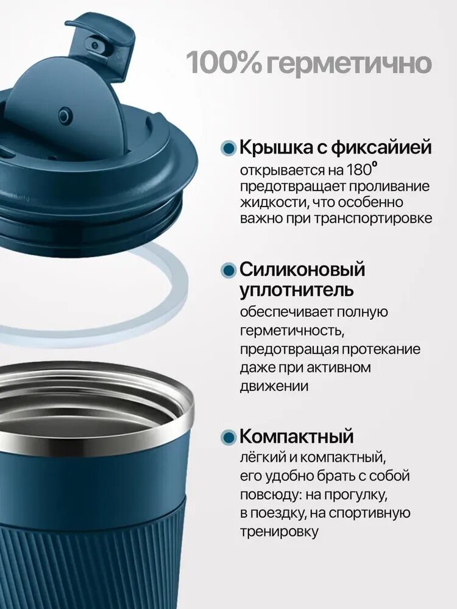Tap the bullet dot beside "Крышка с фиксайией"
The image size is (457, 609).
click(228, 149)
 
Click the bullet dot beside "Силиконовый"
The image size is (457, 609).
click(228, 270)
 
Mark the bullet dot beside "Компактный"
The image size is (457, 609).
click(228, 437)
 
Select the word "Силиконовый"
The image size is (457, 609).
click(302, 269)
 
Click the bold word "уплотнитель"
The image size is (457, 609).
click(297, 290)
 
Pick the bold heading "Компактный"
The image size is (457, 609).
click(297, 436)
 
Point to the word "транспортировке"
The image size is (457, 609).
click(373, 219)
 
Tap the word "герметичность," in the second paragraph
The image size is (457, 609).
click(292, 331)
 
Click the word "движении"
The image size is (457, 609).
click(274, 387)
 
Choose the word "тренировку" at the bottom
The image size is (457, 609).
click(279, 531)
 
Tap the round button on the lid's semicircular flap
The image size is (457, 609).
click(65, 115)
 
